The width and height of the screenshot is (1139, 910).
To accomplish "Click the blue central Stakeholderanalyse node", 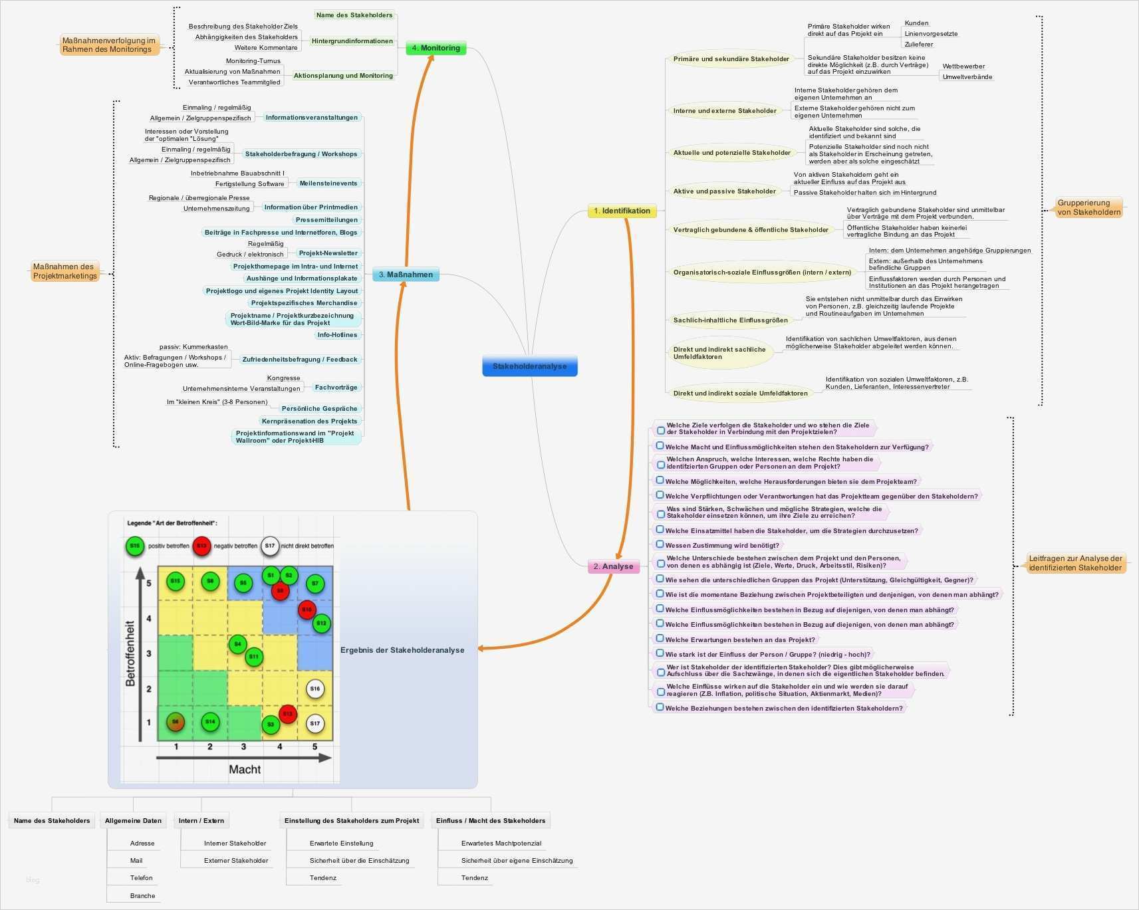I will click(x=529, y=366).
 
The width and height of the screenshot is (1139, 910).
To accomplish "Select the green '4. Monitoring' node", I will click(x=436, y=48).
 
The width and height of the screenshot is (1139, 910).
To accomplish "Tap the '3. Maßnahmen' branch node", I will click(x=406, y=275).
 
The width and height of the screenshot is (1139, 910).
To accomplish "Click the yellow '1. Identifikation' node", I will click(x=622, y=211).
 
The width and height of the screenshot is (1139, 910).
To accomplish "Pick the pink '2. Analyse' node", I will click(x=613, y=566).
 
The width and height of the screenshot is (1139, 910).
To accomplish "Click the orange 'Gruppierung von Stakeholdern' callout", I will click(x=1088, y=207).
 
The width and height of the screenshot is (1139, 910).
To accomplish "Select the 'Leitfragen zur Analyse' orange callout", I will click(x=1075, y=563).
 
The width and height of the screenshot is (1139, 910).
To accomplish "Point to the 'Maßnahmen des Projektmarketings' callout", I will click(x=64, y=271).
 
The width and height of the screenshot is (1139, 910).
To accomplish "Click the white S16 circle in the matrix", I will click(x=315, y=689).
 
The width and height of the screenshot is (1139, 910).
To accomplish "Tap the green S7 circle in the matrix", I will click(x=315, y=584).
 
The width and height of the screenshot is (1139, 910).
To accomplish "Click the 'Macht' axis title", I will click(x=245, y=769).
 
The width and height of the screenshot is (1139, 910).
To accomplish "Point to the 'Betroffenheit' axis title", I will click(x=130, y=653).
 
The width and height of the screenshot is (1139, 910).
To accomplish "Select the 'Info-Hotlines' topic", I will click(x=337, y=335).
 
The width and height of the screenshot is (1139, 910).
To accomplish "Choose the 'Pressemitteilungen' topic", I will click(x=326, y=220).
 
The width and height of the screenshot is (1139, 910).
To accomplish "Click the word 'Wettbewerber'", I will click(x=963, y=66).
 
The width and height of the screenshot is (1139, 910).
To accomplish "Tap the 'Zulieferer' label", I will click(x=918, y=45).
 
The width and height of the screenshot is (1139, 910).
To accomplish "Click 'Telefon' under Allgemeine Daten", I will click(x=141, y=878).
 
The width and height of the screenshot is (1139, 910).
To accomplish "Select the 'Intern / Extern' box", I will click(x=201, y=821).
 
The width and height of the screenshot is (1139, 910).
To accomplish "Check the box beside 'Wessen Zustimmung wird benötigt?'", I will click(x=660, y=544).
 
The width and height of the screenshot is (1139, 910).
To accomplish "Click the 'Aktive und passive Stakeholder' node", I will click(x=724, y=191).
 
